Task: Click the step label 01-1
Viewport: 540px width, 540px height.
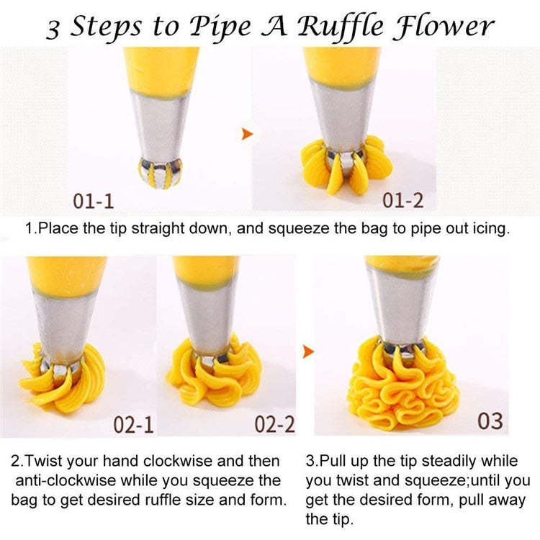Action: [x=94, y=201]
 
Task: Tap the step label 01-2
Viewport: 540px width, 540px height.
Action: [x=402, y=200]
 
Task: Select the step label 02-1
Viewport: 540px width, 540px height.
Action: [x=133, y=425]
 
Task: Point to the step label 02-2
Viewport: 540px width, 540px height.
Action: [x=274, y=424]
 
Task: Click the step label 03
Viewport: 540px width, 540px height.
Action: [x=490, y=421]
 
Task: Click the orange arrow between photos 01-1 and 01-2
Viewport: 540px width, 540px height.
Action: [x=247, y=134]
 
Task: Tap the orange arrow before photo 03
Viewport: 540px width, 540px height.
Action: [x=309, y=351]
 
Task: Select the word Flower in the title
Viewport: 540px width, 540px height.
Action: [x=444, y=25]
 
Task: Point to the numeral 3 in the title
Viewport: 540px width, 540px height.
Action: [x=53, y=30]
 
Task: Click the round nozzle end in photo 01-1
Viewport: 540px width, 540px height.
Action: [x=159, y=173]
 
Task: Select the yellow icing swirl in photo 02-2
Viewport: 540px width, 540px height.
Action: [x=213, y=373]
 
